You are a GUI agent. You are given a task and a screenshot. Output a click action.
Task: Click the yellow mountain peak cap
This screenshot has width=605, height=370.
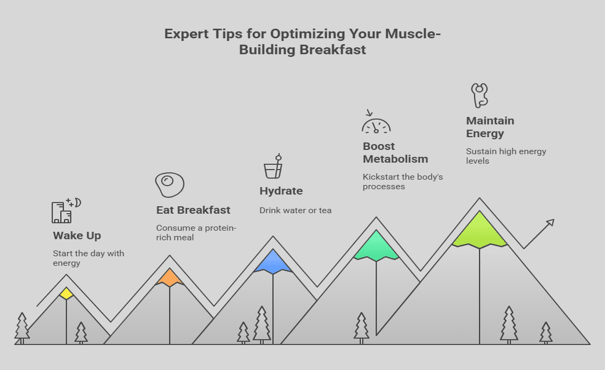click(66, 293)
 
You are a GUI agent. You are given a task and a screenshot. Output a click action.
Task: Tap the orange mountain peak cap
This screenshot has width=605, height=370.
click(170, 277)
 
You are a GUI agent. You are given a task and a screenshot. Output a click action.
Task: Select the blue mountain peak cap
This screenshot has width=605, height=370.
click(273, 262)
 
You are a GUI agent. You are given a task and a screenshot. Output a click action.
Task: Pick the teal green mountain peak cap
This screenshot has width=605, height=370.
click(376, 246)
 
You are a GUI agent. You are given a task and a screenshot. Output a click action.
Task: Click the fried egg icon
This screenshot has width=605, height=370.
click(170, 185)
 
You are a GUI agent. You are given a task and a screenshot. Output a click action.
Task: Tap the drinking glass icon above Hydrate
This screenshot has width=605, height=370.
click(273, 166)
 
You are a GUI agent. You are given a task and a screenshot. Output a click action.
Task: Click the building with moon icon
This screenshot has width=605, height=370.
click(66, 211)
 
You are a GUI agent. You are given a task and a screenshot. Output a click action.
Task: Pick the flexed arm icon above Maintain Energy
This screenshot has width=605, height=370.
click(479, 96)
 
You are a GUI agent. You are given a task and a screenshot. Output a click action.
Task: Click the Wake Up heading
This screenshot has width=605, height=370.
click(77, 235)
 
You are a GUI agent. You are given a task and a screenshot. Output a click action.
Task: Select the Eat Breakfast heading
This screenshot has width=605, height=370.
click(193, 210)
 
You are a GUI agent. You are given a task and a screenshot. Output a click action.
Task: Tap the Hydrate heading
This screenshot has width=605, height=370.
click(281, 191)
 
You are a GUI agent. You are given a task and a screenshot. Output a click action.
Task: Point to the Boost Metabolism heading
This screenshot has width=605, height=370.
click(395, 152)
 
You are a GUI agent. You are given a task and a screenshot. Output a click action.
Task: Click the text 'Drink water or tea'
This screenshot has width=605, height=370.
click(296, 211)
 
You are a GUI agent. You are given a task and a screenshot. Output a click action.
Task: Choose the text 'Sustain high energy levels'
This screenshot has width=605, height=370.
click(506, 156)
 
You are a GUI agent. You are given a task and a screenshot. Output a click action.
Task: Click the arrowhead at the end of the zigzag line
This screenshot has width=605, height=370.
click(551, 222)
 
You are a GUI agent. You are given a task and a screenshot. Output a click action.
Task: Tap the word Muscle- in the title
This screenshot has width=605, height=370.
click(413, 34)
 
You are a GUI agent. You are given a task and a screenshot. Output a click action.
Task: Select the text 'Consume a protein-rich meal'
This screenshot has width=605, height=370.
click(196, 232)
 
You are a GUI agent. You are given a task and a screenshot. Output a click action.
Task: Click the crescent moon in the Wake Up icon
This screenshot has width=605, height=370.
click(78, 203)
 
